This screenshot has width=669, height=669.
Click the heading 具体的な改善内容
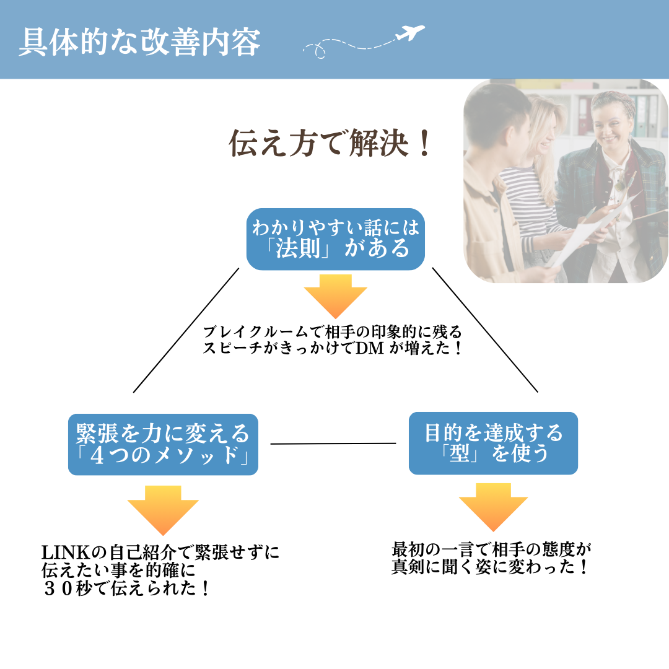(x=139, y=42)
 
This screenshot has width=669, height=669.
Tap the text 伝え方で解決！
(x=330, y=144)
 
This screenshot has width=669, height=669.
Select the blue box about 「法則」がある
(x=335, y=239)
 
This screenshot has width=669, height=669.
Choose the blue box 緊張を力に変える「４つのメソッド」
(x=163, y=444)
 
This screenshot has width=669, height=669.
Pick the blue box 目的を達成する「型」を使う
(x=493, y=444)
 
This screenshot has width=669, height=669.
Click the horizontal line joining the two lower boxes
(x=333, y=444)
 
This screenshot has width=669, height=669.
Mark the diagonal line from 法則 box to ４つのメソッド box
(x=186, y=330)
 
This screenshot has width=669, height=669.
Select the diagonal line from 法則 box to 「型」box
(x=485, y=330)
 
